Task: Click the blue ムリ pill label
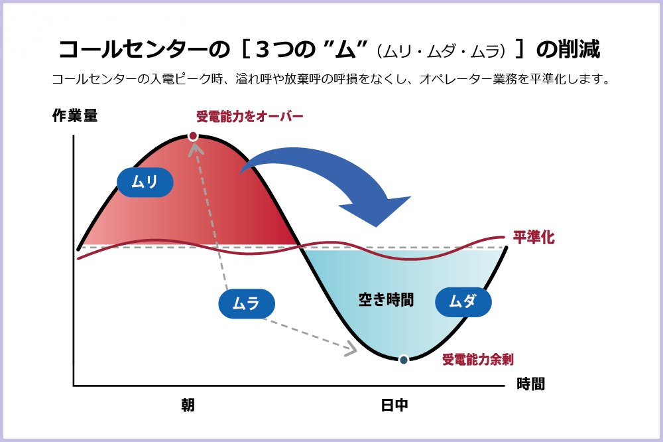(145, 182)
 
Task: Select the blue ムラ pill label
(246, 304)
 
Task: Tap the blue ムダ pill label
(463, 301)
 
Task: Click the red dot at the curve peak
(193, 136)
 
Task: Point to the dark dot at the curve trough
(403, 360)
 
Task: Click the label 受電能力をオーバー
(250, 117)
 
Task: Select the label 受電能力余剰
(478, 360)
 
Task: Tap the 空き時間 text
(386, 300)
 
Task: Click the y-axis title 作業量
(75, 115)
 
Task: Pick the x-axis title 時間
(531, 384)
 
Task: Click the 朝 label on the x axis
(188, 405)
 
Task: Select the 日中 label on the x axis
(394, 405)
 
